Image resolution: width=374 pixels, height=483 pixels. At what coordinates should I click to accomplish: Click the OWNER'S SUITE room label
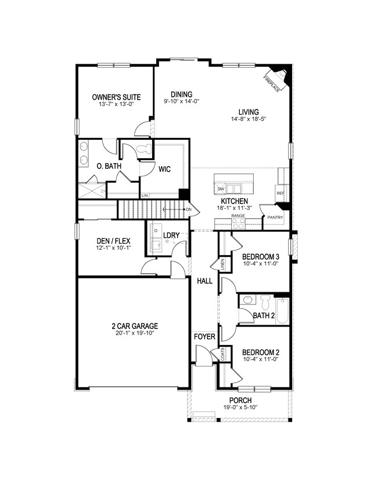click(x=116, y=97)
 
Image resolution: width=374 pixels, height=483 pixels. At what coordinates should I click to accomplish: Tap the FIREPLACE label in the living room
click(x=271, y=82)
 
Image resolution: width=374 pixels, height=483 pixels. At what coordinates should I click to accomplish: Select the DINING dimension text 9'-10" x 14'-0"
click(x=181, y=101)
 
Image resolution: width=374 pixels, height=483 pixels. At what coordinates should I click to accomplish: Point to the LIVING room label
click(x=248, y=112)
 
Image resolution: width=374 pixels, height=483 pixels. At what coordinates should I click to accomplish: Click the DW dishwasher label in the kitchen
click(x=221, y=189)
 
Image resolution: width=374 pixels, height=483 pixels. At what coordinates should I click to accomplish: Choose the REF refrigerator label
click(x=280, y=193)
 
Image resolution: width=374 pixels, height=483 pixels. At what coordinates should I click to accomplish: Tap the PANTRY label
click(x=275, y=218)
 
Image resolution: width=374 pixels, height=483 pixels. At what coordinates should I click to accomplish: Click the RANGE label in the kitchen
click(x=238, y=215)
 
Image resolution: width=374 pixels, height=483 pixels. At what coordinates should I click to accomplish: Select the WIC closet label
click(x=166, y=169)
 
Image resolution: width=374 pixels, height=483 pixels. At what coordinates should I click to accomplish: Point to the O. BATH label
click(x=109, y=166)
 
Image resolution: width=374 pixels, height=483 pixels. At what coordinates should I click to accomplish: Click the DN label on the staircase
click(x=189, y=209)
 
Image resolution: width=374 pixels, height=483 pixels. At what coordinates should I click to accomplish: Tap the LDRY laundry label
click(x=171, y=235)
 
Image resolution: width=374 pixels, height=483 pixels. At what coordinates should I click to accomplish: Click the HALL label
click(x=204, y=281)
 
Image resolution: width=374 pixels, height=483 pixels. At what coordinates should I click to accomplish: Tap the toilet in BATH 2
click(x=265, y=302)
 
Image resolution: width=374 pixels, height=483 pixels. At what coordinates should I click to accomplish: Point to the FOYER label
click(x=204, y=336)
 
